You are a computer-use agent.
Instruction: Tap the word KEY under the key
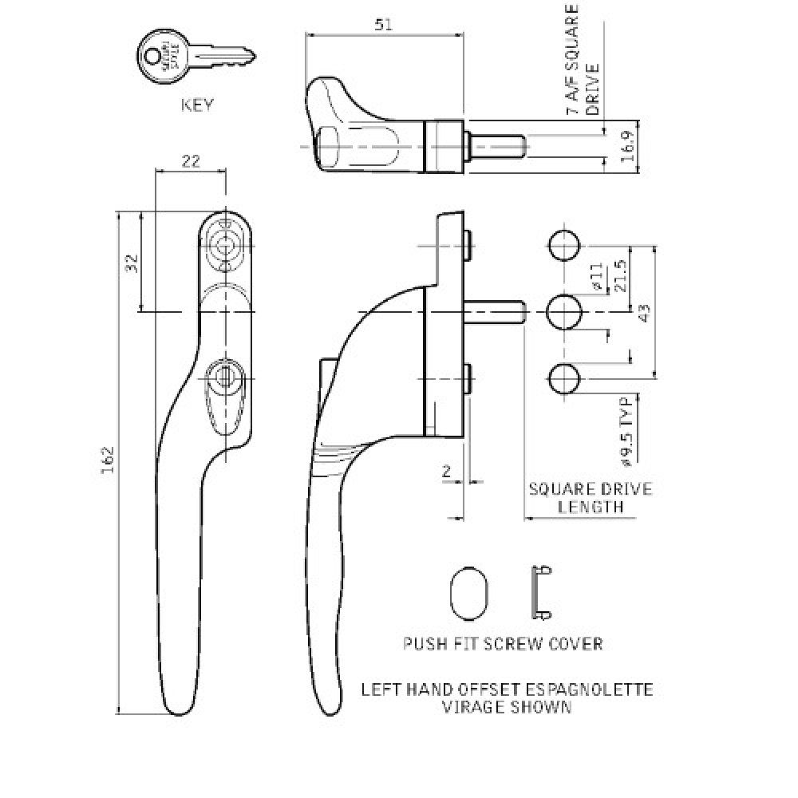197,105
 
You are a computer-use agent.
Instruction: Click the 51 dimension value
384,25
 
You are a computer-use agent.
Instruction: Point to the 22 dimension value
190,161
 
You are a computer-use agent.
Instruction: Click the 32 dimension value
132,263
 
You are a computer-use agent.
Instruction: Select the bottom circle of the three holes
563,377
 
